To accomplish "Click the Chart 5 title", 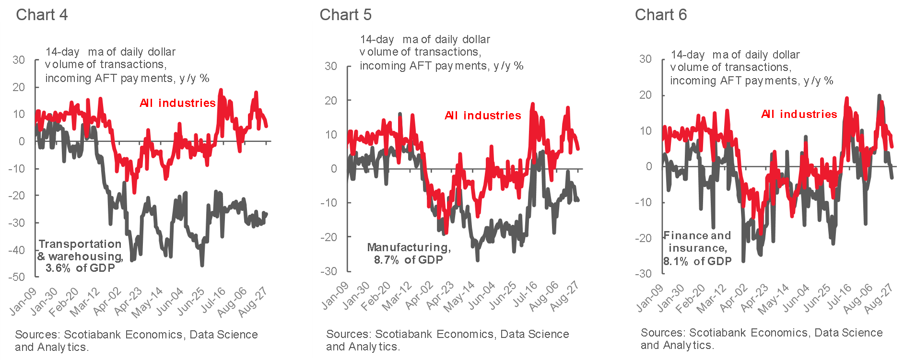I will point(345,14).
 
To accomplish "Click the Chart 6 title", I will point(660,14).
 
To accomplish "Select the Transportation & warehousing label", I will point(80,256).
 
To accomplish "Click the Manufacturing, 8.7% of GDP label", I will point(409,253).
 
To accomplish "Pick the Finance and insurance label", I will point(697,248).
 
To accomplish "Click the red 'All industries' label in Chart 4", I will point(177,103).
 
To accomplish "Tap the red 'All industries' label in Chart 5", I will point(482,116).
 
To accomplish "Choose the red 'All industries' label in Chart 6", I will point(799,114).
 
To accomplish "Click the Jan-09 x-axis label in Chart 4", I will point(23,302).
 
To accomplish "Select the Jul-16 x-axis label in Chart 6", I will point(839,296).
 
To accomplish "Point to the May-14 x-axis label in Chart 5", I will point(459,297).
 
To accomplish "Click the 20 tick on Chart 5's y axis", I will point(331,101).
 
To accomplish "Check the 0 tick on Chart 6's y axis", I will point(649,166).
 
